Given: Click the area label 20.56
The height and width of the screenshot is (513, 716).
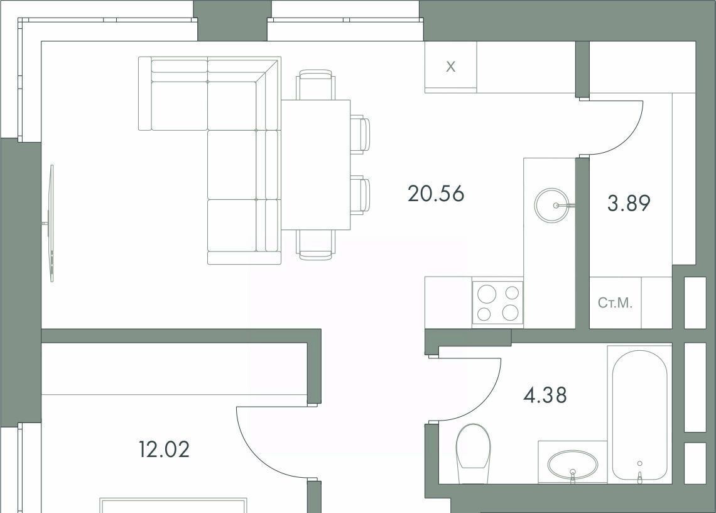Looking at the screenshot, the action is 436,194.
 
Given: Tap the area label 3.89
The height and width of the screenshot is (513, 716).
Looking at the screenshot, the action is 629,203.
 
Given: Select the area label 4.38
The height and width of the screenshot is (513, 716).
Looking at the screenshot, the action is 545,395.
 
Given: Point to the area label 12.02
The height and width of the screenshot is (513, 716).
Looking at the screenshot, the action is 165,450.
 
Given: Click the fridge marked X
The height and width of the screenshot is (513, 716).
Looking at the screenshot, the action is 451,67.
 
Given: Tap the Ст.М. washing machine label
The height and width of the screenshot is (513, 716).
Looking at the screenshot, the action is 615,302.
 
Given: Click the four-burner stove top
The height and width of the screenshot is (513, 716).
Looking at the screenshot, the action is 497,302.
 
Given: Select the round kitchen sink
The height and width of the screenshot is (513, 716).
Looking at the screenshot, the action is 553,206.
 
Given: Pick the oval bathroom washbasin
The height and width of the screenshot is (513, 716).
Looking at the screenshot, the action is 572,464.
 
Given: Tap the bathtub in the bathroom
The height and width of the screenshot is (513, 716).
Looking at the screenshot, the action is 640,416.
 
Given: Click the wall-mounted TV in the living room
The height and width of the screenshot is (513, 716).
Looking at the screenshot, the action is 52,223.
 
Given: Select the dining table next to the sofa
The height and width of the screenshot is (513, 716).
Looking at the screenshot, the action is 315,165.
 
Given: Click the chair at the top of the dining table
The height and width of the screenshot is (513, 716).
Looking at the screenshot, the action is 315,85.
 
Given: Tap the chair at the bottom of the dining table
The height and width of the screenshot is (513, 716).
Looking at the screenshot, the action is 315,245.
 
